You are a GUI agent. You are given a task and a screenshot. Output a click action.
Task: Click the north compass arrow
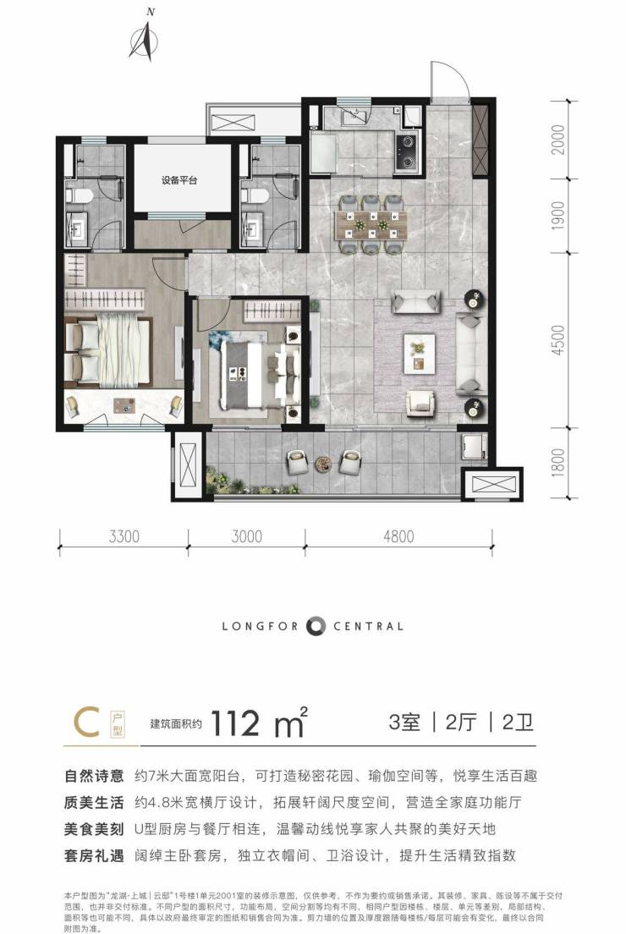coord(144,41)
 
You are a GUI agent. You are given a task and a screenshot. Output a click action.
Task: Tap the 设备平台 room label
coord(179,180)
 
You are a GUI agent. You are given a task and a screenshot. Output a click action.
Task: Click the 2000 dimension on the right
coord(557,140)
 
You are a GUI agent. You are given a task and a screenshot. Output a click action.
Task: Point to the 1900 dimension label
coord(557,215)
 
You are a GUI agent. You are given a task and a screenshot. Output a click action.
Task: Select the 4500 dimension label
coord(557,340)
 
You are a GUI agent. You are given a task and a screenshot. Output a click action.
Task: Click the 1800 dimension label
coord(557,464)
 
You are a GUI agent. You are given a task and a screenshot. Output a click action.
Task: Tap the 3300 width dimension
coord(124,536)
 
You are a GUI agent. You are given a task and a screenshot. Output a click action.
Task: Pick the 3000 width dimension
coord(246,536)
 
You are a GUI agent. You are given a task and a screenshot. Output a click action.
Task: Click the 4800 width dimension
coord(398,536)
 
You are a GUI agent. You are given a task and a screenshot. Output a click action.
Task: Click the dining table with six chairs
coord(371,224)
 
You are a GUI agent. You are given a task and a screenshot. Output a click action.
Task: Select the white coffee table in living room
coord(420,354)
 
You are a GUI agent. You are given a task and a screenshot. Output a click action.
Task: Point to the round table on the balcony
coord(323,462)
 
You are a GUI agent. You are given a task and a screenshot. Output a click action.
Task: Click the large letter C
coord(86,722)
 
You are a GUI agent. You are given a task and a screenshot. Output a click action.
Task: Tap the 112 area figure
coord(234,723)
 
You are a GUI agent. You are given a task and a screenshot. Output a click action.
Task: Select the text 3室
coord(404,722)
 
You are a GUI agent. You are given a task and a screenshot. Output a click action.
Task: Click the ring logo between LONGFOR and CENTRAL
coord(316,626)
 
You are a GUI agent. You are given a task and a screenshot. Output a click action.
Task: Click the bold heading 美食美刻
coord(94,829)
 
